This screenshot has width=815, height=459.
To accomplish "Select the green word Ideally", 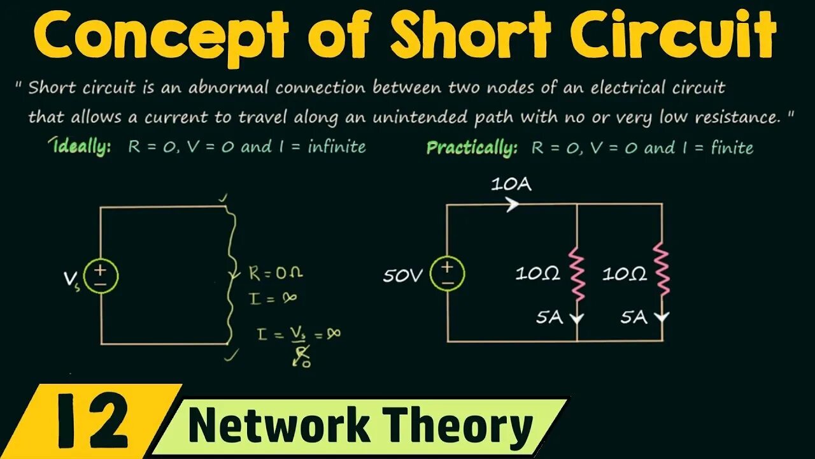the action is pos(82,147).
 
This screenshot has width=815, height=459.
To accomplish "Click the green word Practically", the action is pos(472,148).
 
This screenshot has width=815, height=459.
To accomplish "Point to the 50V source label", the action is pos(403,275).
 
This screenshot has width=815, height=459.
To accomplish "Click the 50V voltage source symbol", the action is pos(448,274).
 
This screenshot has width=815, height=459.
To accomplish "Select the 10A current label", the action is pos(511,185).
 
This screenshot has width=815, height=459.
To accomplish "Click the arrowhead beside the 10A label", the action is pos(513,204).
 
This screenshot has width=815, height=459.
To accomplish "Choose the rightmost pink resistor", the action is pos(663,270).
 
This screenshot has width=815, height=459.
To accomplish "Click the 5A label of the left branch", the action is pos(549,317).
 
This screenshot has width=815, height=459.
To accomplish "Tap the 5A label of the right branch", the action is pos(634,317).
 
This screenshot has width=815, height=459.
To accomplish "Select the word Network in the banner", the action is pos(280,426).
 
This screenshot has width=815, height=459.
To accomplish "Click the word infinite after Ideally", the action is pos(337,147).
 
